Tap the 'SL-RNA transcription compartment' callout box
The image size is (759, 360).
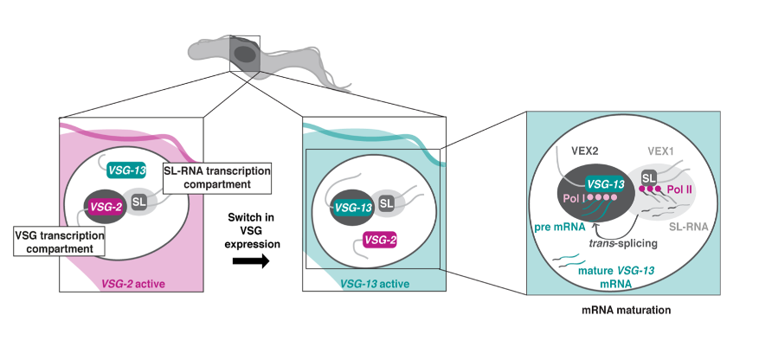216,177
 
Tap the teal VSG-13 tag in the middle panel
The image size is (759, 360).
352,207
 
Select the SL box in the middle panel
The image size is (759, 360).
386,202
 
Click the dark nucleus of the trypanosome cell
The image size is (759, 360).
245,55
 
